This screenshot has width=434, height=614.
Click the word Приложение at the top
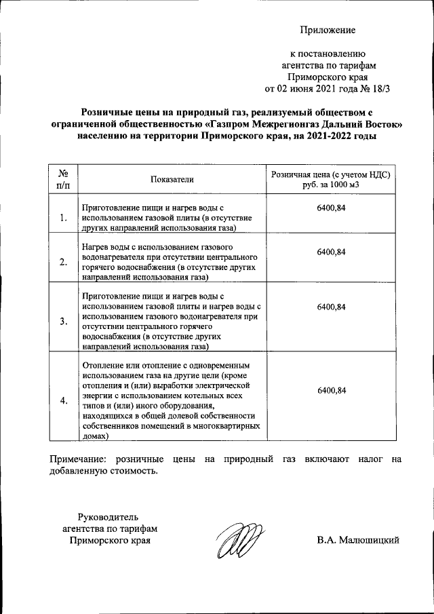pyautogui.click(x=328, y=30)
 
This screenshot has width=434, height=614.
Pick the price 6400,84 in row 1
pyautogui.click(x=331, y=208)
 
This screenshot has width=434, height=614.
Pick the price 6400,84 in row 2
pyautogui.click(x=331, y=252)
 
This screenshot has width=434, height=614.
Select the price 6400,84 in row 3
pyautogui.click(x=331, y=307)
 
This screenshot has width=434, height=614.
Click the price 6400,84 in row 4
pyautogui.click(x=331, y=390)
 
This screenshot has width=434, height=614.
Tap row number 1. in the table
pyautogui.click(x=63, y=218)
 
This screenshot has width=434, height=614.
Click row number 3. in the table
pyautogui.click(x=63, y=321)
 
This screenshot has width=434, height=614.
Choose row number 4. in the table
pyautogui.click(x=63, y=400)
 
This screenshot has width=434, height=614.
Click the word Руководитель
pyautogui.click(x=109, y=516)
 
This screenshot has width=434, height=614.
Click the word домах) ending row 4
pyautogui.click(x=94, y=438)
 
